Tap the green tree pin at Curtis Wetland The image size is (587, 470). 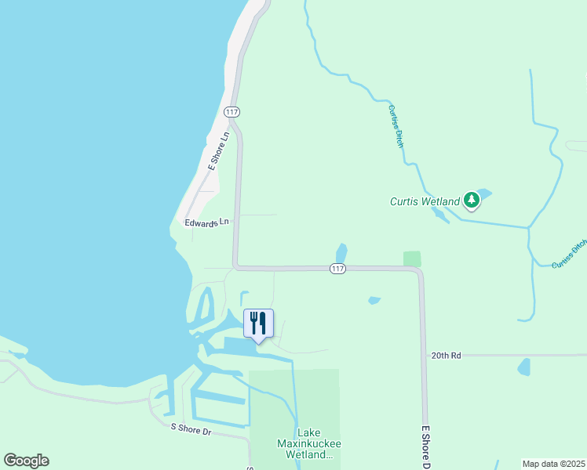tap(471, 201)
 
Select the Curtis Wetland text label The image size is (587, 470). tap(425, 201)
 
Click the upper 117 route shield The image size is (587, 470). tap(231, 112)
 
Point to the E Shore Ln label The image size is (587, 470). tap(218, 150)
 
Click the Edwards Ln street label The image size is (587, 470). tap(206, 222)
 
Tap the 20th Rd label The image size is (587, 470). tap(445, 355)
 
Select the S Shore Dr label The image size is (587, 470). tap(191, 429)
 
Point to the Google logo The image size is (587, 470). tap(26, 461)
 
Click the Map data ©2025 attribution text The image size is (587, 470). tap(552, 464)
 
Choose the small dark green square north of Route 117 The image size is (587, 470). tap(412, 258)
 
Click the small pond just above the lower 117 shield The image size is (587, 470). tap(341, 253)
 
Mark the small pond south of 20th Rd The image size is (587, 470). tap(523, 367)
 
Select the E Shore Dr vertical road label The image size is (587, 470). tap(426, 446)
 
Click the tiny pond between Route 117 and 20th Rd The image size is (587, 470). tap(374, 300)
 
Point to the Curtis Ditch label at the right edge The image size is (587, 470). tap(570, 254)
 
